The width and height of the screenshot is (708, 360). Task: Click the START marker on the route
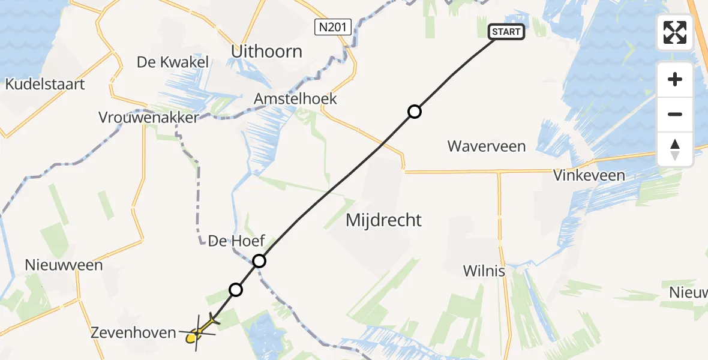[x=507, y=32]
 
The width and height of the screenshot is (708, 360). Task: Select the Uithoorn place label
[x=266, y=52]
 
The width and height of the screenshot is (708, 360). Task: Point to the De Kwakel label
[x=173, y=62]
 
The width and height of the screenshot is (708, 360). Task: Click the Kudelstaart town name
[x=45, y=85]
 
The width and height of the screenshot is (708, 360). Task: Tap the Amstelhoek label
[x=295, y=99]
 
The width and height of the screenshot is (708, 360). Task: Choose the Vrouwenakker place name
[x=148, y=118]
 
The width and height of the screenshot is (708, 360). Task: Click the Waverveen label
[x=487, y=146]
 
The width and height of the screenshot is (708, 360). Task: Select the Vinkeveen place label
[x=589, y=176]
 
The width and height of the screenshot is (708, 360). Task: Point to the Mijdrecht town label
[x=384, y=220]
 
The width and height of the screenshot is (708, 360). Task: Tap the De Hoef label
[x=236, y=242]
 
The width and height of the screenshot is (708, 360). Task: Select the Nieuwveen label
[x=64, y=265]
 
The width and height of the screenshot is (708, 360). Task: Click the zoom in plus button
[x=675, y=79]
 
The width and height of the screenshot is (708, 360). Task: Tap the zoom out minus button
[x=675, y=114]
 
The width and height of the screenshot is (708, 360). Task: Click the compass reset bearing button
[x=675, y=149]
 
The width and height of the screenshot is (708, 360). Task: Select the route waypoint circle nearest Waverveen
[x=414, y=112]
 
